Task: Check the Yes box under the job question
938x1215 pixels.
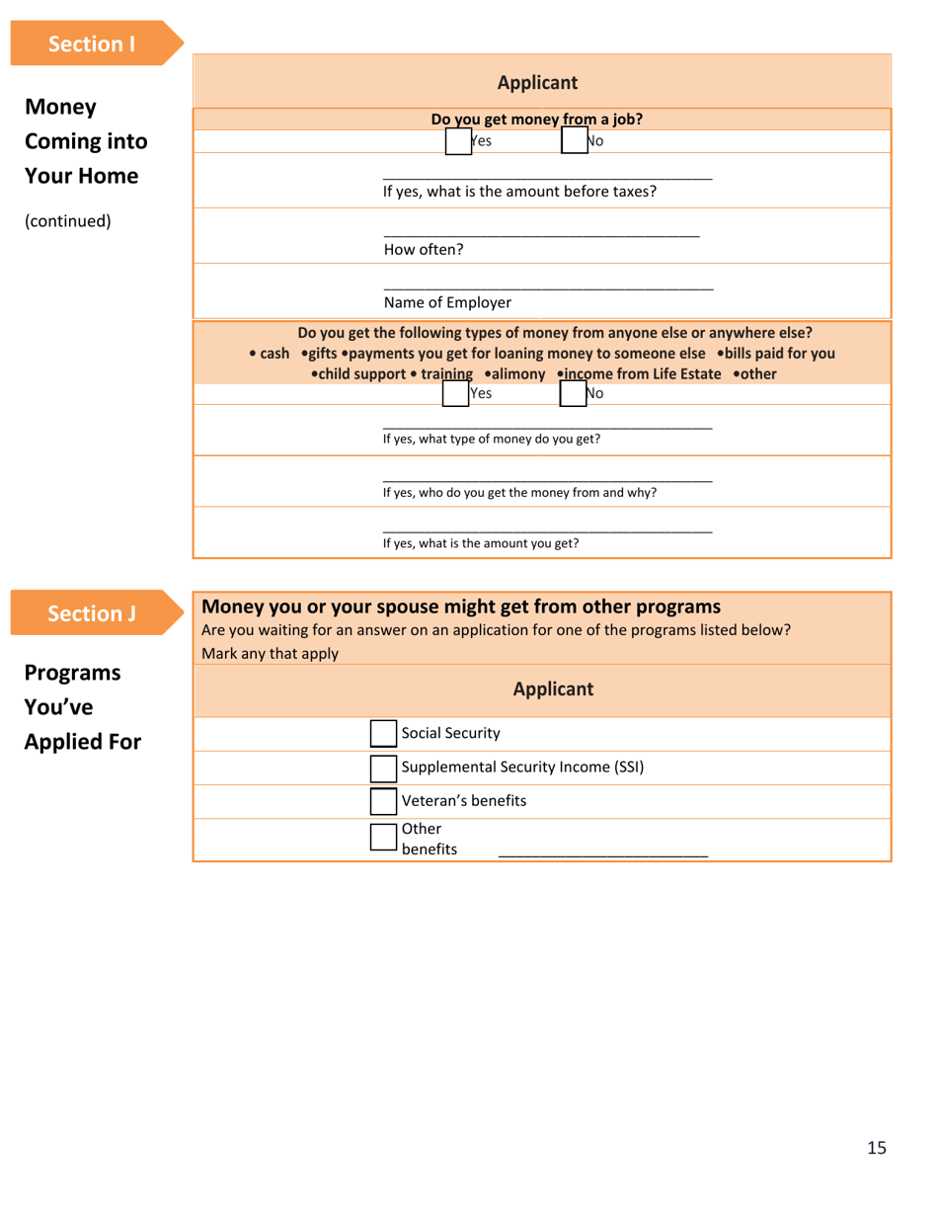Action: pyautogui.click(x=458, y=141)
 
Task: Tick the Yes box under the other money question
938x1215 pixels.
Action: pyautogui.click(x=455, y=393)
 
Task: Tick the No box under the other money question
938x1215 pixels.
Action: pyautogui.click(x=573, y=393)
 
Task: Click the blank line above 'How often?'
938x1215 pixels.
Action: pyautogui.click(x=541, y=233)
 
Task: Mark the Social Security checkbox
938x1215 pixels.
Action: pyautogui.click(x=383, y=733)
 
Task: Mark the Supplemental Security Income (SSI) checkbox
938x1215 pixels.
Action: pyautogui.click(x=383, y=768)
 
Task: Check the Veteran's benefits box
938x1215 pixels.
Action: pyautogui.click(x=383, y=801)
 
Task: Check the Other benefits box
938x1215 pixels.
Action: pyautogui.click(x=383, y=837)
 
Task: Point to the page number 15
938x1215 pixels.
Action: pyautogui.click(x=877, y=1147)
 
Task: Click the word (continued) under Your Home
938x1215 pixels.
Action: pyautogui.click(x=67, y=220)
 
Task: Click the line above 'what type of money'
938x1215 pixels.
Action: pyautogui.click(x=547, y=426)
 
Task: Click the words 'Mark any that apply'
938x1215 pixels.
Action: pyautogui.click(x=270, y=653)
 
